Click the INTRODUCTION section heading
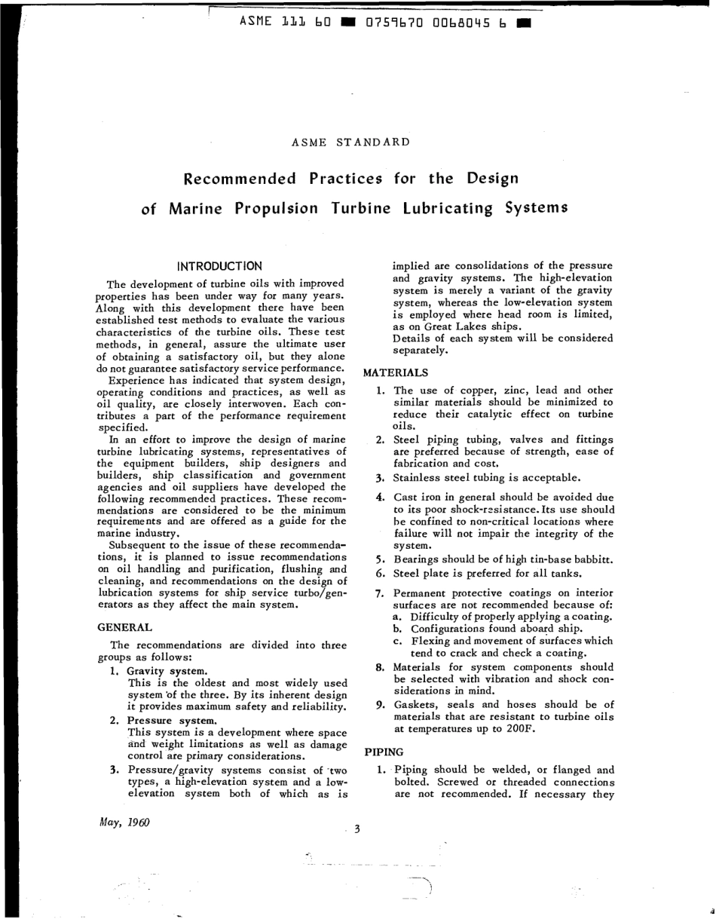click(219, 266)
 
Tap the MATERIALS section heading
click(396, 372)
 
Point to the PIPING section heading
click(384, 752)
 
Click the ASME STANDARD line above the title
click(350, 142)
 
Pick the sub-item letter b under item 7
click(398, 628)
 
